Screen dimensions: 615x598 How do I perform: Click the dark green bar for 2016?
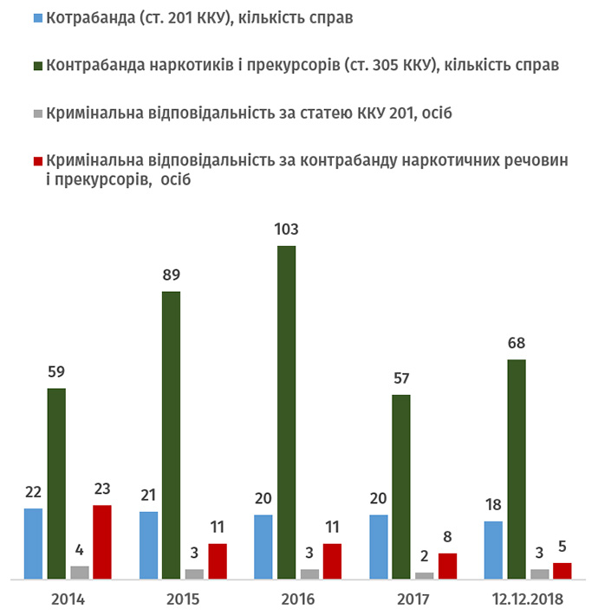point(286,412)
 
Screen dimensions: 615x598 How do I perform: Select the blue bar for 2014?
point(34,543)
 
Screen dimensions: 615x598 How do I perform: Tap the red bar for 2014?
point(102,541)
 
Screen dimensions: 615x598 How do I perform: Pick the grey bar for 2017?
point(425,575)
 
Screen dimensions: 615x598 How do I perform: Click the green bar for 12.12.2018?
point(516,469)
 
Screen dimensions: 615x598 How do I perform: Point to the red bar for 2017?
point(447,566)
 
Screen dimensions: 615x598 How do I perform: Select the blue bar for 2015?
point(148,545)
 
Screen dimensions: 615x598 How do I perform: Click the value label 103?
point(286,230)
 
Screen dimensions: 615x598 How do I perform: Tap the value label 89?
point(171,276)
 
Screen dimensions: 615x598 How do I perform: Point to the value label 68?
point(517,344)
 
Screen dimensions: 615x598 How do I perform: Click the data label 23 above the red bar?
point(102,490)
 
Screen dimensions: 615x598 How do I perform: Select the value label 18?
point(493,506)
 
